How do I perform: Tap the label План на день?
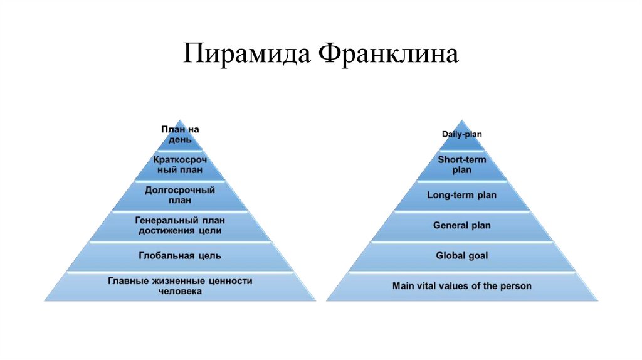click(x=180, y=135)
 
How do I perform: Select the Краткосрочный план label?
click(x=180, y=165)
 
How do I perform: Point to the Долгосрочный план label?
click(x=180, y=194)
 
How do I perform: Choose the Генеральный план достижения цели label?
click(x=180, y=226)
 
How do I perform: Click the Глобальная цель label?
click(x=180, y=256)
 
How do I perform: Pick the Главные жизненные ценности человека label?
click(x=180, y=286)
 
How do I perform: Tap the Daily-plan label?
click(x=461, y=134)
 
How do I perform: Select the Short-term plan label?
click(x=461, y=165)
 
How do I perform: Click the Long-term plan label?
click(x=461, y=195)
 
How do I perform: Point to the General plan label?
click(x=461, y=225)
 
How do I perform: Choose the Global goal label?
click(x=461, y=255)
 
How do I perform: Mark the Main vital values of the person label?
click(x=461, y=286)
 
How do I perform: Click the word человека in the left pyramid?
click(x=180, y=292)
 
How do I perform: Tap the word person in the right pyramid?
click(x=516, y=286)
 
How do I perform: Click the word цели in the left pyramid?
click(x=211, y=231)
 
